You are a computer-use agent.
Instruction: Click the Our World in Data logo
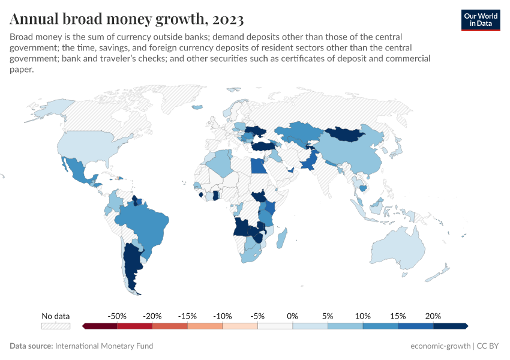coord(480,19)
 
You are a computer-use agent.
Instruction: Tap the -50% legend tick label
coord(117,316)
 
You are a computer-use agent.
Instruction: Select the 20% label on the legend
coord(433,316)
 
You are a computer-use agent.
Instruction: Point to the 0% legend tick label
coord(293,316)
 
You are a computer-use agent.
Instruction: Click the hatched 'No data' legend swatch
coord(56,326)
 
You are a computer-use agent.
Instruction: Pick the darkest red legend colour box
coord(100,326)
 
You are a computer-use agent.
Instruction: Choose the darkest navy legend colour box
coord(450,326)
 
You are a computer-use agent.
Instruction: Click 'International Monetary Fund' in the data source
coord(104,346)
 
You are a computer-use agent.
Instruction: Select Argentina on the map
coord(133,264)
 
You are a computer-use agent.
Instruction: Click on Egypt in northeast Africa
coord(257,165)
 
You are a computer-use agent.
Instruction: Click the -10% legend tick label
coord(223,316)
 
